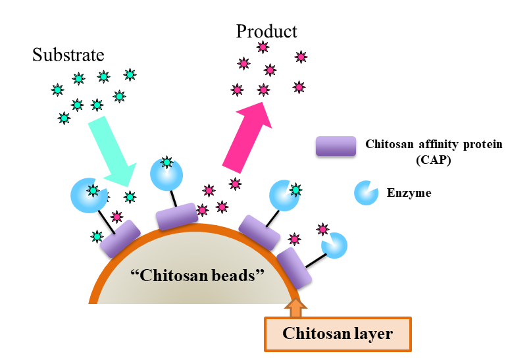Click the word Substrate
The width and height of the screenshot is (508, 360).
tap(68, 55)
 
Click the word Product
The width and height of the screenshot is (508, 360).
tap(267, 31)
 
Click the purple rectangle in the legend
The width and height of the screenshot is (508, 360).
tap(335, 147)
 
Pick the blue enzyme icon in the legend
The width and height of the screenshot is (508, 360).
tap(365, 193)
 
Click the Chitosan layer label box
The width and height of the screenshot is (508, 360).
tap(337, 334)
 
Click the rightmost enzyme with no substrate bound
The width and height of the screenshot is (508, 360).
tap(334, 245)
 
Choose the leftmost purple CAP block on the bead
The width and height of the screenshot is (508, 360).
tap(120, 238)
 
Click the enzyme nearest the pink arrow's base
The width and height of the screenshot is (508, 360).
tap(285, 195)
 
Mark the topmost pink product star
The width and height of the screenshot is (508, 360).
tap(263, 46)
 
